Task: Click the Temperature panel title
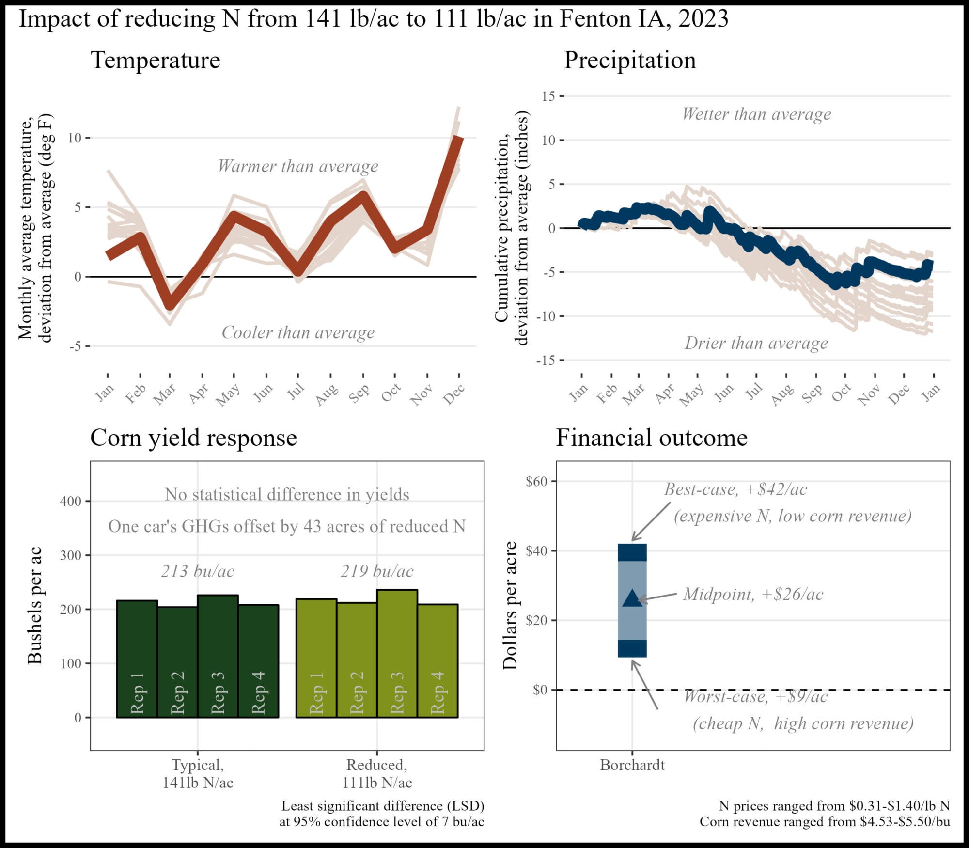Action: (155, 61)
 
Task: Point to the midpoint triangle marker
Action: (632, 599)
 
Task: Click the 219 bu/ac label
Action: (377, 571)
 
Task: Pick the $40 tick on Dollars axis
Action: (537, 551)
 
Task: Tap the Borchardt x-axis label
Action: (632, 765)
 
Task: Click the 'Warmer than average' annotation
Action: (298, 166)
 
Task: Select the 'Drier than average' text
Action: (756, 343)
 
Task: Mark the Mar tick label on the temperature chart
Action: (165, 394)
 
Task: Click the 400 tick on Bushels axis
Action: (71, 502)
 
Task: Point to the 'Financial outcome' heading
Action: (651, 438)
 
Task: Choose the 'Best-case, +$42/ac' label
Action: (735, 489)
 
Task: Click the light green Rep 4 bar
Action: (438, 661)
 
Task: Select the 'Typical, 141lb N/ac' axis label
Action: (198, 773)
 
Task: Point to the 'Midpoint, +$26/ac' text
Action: (753, 595)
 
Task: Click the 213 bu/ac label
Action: (198, 571)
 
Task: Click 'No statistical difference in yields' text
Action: (287, 495)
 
